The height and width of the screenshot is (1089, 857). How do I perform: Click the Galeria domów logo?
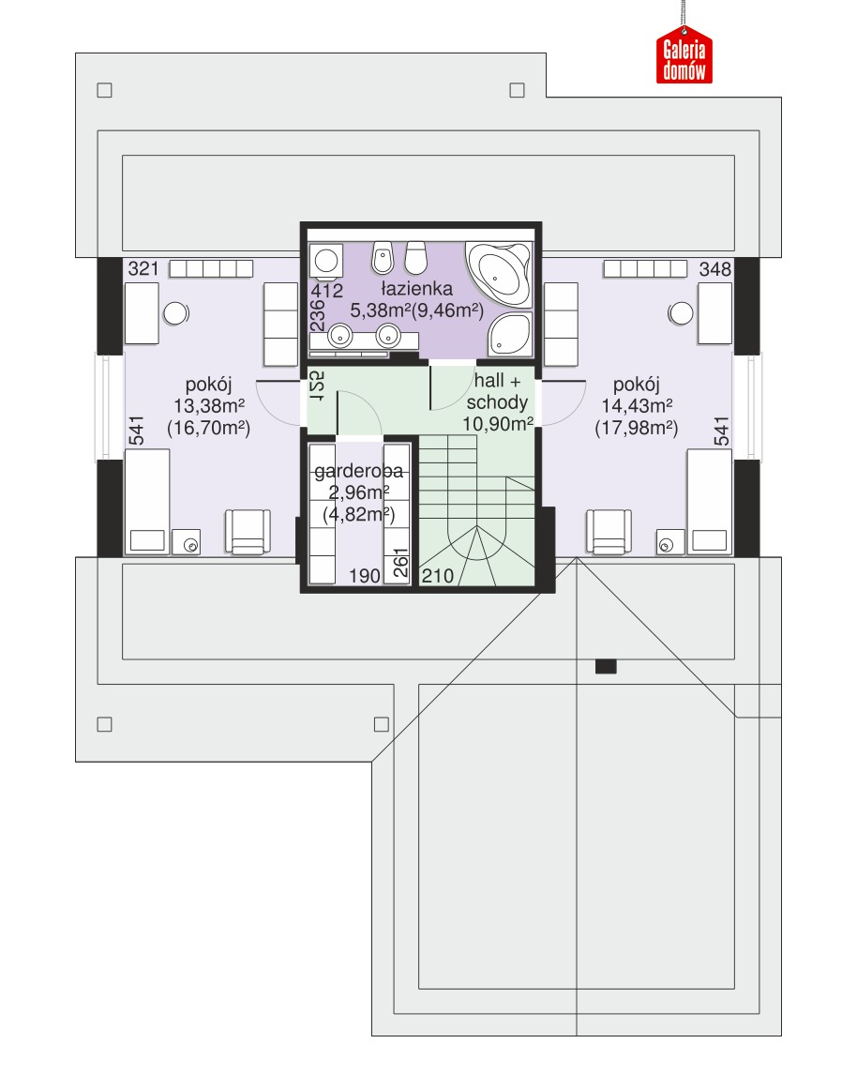tap(684, 54)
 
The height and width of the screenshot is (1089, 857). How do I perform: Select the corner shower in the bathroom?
tap(510, 334)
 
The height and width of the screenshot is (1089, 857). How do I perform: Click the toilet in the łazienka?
tap(415, 258)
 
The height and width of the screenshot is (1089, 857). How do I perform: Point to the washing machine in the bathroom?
tap(325, 262)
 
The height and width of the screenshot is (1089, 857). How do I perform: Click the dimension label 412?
tap(326, 291)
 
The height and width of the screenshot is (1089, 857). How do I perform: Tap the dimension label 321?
tap(143, 269)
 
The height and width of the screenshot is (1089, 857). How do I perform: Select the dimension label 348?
tap(714, 269)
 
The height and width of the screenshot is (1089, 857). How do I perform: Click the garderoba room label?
tap(358, 472)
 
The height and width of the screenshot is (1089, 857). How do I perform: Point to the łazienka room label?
tap(416, 289)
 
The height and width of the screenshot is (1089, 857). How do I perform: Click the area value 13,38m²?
tap(208, 406)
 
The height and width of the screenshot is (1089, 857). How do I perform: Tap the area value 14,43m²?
tap(636, 406)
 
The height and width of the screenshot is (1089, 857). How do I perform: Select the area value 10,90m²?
tap(497, 424)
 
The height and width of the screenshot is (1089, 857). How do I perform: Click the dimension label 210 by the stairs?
tap(438, 576)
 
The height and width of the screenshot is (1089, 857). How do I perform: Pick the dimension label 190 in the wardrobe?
tap(365, 576)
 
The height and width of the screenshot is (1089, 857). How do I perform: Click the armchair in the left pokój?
tap(248, 532)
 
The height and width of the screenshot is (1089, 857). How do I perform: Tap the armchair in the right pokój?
tap(609, 532)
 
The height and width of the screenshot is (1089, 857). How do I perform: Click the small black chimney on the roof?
tap(606, 667)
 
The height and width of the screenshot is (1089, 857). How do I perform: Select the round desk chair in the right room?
tap(681, 313)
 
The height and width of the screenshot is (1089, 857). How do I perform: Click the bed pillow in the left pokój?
tap(147, 540)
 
